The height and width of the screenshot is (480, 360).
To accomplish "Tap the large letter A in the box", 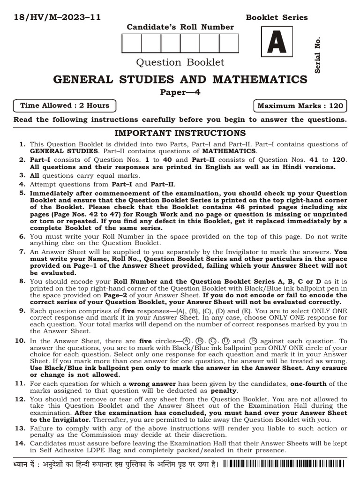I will (277, 45).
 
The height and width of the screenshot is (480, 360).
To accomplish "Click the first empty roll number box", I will (132, 43).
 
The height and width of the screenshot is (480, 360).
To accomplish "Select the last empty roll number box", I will (229, 43).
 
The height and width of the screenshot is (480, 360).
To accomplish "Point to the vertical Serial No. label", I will (318, 54).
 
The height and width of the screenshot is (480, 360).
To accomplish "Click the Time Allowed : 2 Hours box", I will (65, 105).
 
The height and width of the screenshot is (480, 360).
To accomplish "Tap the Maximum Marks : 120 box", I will (300, 105).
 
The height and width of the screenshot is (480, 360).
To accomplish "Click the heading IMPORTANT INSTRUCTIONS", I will (180, 133).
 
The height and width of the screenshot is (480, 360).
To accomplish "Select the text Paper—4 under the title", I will (180, 92).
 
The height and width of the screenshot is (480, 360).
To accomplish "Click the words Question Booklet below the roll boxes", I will (180, 62).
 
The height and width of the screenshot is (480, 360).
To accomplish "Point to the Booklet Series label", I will (277, 18).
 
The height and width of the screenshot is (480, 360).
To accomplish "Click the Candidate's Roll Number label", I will (180, 27).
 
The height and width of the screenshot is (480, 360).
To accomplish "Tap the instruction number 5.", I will (22, 193).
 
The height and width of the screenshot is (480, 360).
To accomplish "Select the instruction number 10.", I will (20, 341).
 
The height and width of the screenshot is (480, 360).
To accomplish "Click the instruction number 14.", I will (20, 443).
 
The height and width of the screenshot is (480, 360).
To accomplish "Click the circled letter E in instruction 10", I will (254, 341).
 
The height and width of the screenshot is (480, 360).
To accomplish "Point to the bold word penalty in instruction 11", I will (224, 390).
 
